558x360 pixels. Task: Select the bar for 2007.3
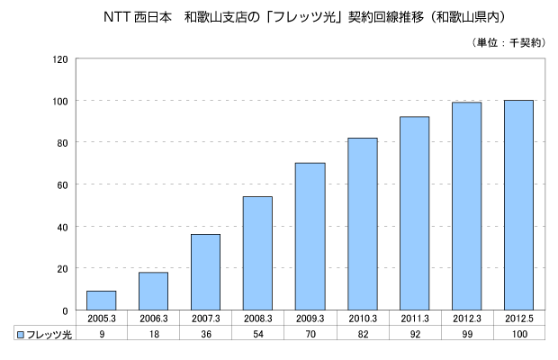pyautogui.click(x=205, y=272)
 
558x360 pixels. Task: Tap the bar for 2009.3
pyautogui.click(x=310, y=237)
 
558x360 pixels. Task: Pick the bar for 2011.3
pyautogui.click(x=414, y=213)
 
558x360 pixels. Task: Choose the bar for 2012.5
pyautogui.click(x=518, y=205)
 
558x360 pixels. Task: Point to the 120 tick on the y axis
pyautogui.click(x=61, y=59)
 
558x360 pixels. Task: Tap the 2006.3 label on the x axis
pyautogui.click(x=153, y=318)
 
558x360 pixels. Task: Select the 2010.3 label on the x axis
pyautogui.click(x=362, y=318)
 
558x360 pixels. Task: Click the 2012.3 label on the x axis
pyautogui.click(x=466, y=318)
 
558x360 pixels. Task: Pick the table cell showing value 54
pyautogui.click(x=257, y=333)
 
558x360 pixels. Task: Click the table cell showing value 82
pyautogui.click(x=362, y=333)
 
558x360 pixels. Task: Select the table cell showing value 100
pyautogui.click(x=518, y=333)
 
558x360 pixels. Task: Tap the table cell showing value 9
pyautogui.click(x=101, y=333)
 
